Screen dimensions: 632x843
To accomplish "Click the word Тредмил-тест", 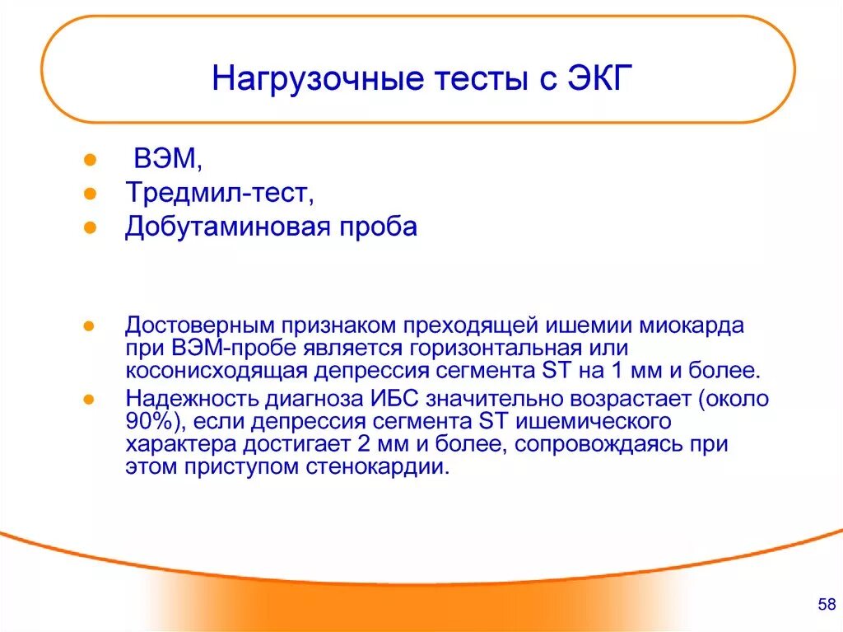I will pos(218,193).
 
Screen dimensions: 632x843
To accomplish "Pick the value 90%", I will pos(148,423).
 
